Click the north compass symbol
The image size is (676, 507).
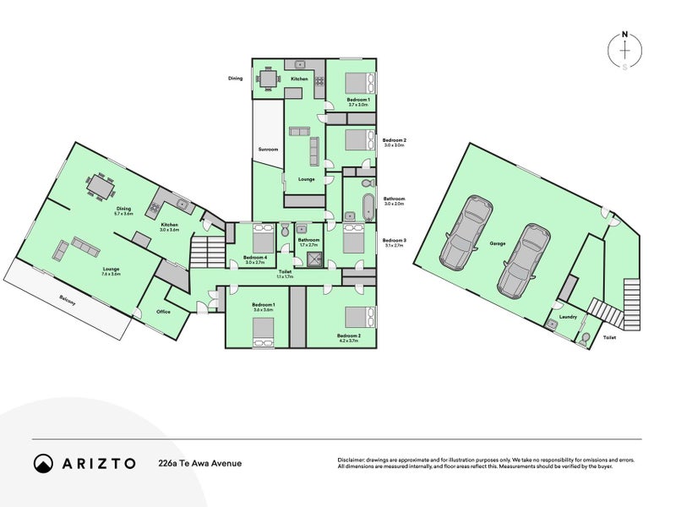coord(624,51)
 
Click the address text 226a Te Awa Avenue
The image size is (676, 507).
coord(200,463)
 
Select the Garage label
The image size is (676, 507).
coord(497,243)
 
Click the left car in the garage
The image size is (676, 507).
coord(463,232)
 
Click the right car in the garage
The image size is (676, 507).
coord(522,262)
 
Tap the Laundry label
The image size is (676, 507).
coord(568,318)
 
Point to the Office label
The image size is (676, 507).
coord(163,312)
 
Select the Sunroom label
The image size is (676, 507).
coord(268,150)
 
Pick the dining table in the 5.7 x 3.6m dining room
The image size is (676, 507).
coord(101,184)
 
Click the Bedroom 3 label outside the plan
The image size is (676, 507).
coord(395,240)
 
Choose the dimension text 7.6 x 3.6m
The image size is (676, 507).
coord(112,274)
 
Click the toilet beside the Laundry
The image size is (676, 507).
coord(582,339)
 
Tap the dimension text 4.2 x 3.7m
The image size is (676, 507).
coord(348,340)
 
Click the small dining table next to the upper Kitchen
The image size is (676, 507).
coord(268,79)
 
